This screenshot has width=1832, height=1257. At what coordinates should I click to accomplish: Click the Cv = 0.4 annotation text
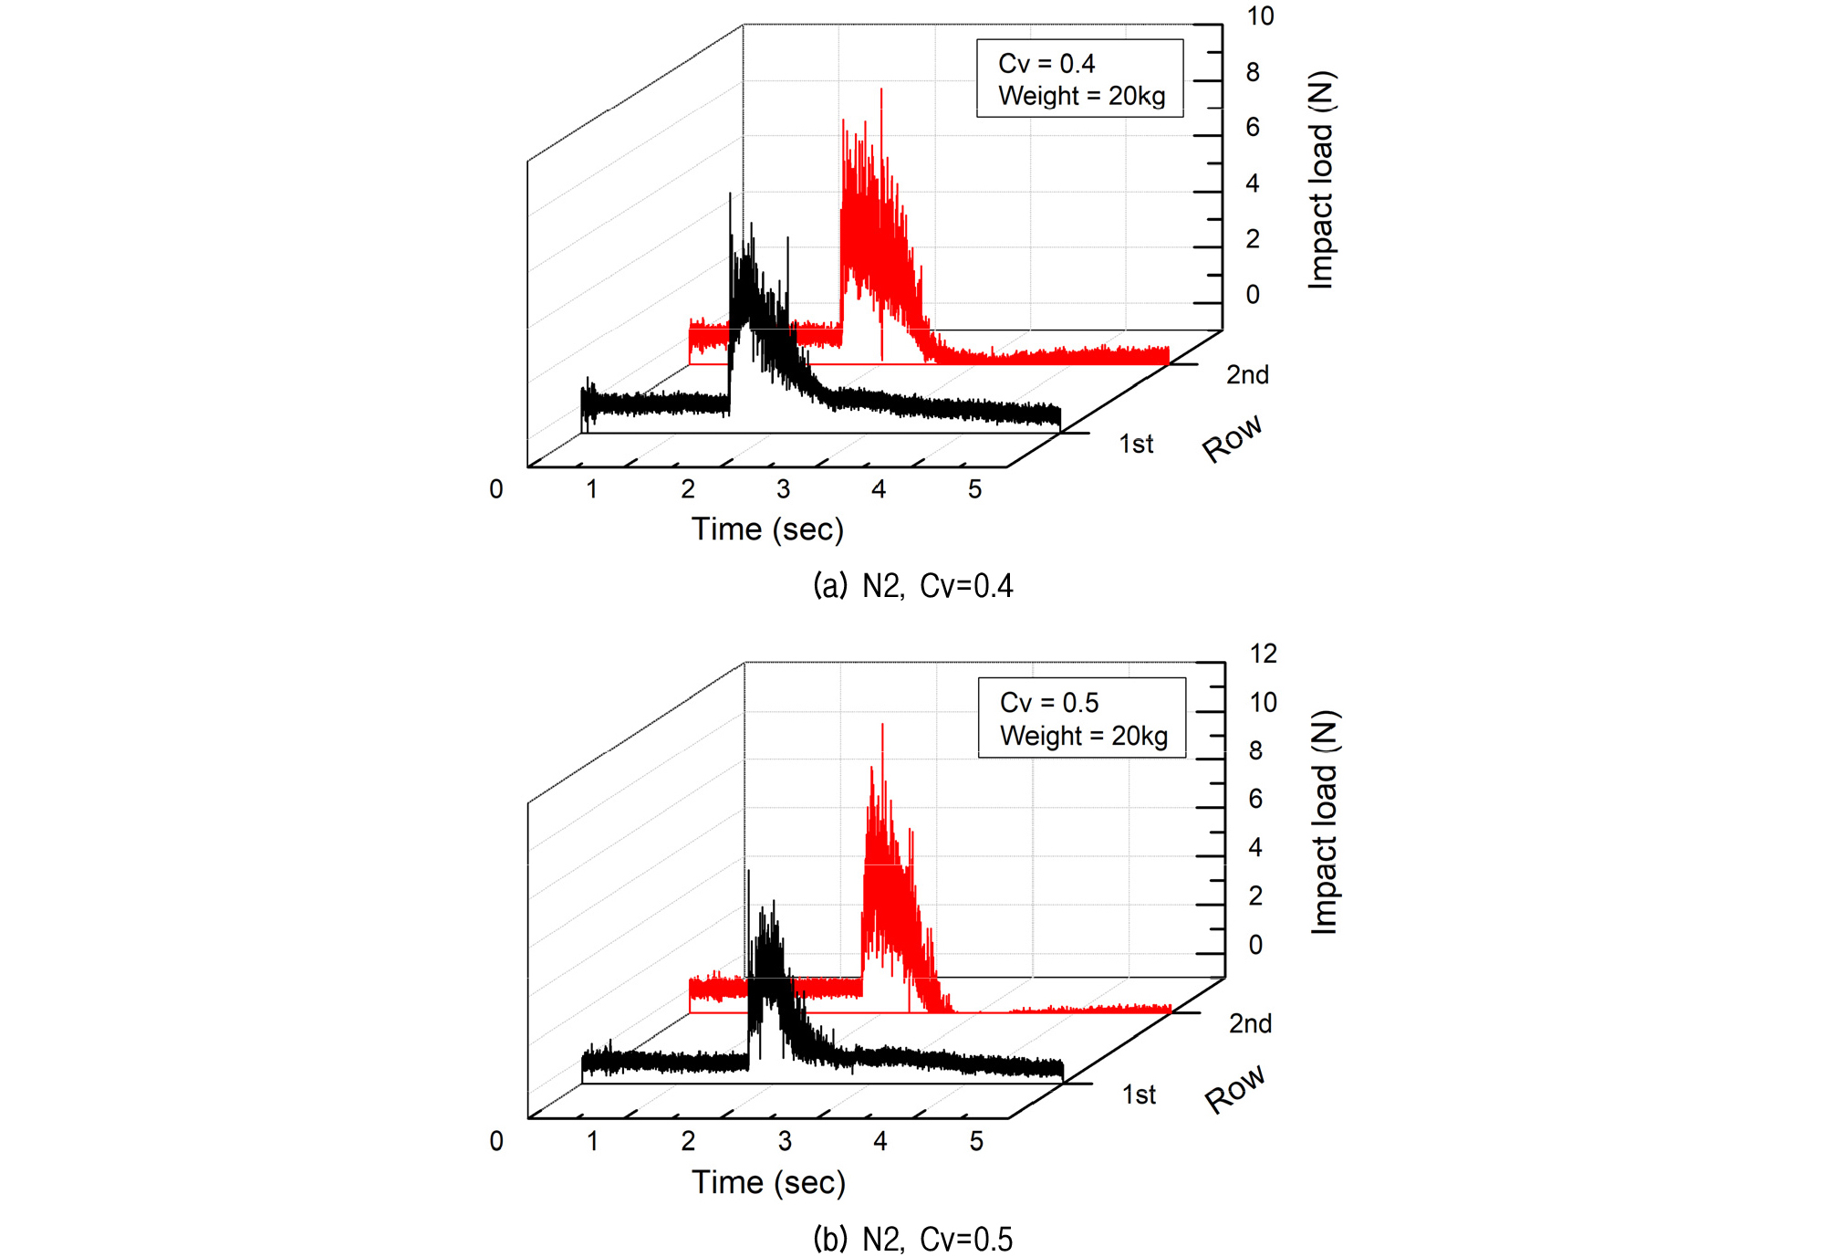point(1046,64)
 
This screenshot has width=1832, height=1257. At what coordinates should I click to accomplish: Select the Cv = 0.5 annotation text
point(1049,703)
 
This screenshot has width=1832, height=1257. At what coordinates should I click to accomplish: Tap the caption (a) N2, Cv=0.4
point(913,585)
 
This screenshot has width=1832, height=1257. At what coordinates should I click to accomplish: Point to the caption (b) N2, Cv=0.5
point(913,1239)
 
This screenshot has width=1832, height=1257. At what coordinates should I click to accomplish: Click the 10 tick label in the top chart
point(1260,16)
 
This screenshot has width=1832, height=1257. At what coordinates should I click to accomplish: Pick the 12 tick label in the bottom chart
point(1263,654)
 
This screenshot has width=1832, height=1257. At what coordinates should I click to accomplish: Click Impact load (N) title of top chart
point(1321,180)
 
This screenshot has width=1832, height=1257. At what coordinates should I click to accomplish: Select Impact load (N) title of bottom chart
point(1324,822)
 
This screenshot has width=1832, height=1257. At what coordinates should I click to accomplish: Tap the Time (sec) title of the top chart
point(767,529)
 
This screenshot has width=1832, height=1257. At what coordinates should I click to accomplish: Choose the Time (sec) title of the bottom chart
point(768,1183)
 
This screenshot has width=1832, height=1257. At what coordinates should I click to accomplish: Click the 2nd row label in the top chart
point(1247,374)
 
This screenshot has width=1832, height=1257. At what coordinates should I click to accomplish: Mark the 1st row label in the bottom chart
point(1139,1095)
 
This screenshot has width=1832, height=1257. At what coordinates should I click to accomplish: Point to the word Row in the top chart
point(1233,438)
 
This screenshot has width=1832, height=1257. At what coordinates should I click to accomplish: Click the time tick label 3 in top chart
point(783,489)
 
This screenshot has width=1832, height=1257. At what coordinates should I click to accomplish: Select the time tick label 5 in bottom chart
point(976,1141)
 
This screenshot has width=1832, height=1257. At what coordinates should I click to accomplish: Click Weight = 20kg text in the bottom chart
point(1084,736)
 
